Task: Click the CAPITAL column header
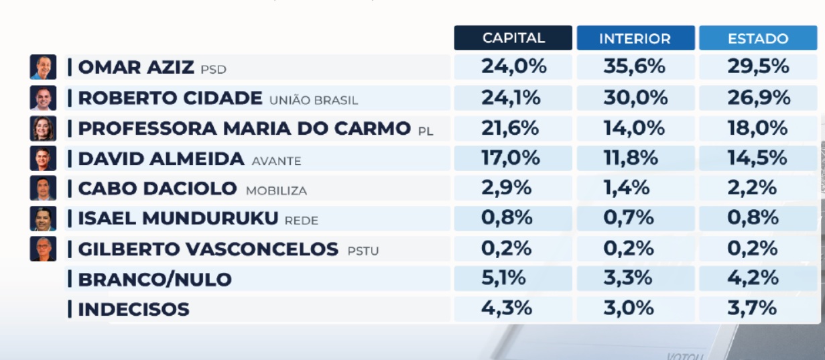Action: click(513, 38)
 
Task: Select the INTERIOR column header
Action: click(636, 38)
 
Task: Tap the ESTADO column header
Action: click(758, 38)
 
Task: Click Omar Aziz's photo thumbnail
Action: click(43, 67)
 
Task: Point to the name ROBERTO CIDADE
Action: click(170, 98)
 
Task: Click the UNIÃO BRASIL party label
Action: click(314, 101)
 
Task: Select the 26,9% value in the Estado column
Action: click(759, 98)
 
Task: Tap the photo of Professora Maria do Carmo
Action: click(43, 128)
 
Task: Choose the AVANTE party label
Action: click(276, 161)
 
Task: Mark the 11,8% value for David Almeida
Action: click(631, 158)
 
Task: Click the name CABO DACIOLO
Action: click(157, 188)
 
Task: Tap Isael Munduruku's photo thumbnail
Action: click(43, 219)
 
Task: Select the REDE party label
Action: click(302, 221)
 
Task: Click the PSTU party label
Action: click(363, 251)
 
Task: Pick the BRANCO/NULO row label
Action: click(155, 280)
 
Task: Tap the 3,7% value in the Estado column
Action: click(752, 308)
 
